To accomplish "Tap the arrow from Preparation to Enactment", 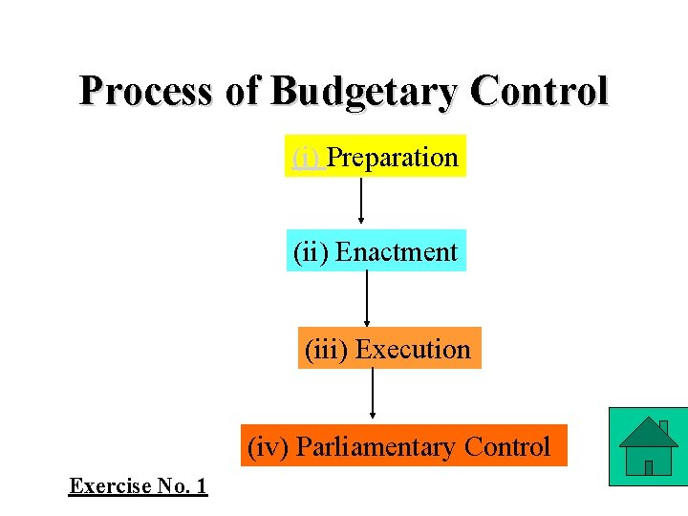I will coord(361,201).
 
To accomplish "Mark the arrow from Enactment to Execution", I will coord(367,299).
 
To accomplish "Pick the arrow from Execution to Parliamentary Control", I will coord(373,394).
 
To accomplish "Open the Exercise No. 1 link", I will coord(139,486).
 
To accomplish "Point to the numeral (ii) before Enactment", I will coord(312,252).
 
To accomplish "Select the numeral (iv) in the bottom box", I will coord(268,447).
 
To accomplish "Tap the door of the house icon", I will coord(649,467).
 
